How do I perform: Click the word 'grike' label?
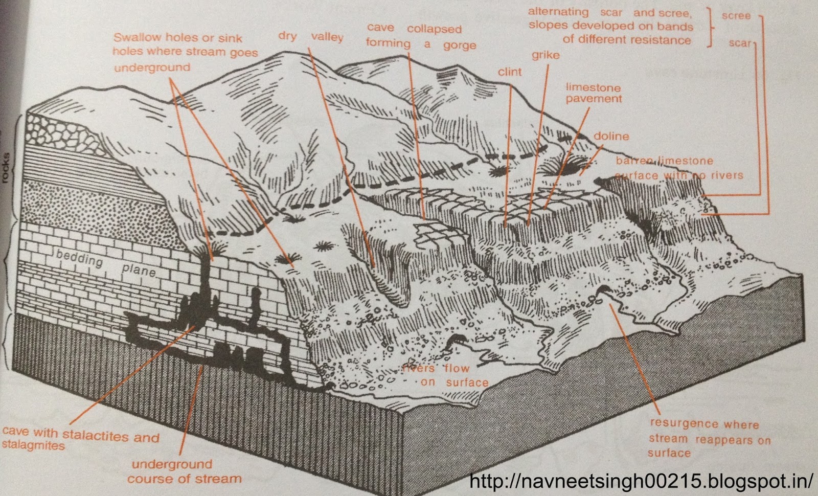[x=546, y=55]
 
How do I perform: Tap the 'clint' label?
[x=510, y=72]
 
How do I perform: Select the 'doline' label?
[x=611, y=137]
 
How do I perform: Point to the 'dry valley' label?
[x=310, y=37]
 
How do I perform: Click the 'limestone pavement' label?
[x=594, y=93]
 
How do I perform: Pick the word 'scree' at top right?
[x=736, y=16]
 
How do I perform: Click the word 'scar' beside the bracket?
[x=740, y=43]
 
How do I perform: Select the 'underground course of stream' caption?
[x=184, y=471]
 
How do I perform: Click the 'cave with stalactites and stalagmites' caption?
[x=80, y=439]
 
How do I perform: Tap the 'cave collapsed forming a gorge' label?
[x=420, y=36]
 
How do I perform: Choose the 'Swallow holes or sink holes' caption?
[x=185, y=52]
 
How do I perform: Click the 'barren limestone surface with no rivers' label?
[x=678, y=168]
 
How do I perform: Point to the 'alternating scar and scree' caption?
[x=611, y=26]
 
